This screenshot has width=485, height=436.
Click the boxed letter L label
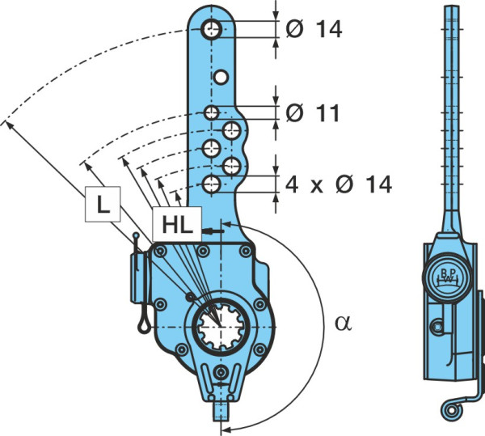coord(103,204)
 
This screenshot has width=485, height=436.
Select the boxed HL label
coord(177,224)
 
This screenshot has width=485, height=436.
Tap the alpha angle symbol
coord(344,324)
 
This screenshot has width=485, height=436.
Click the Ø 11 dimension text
coord(313,112)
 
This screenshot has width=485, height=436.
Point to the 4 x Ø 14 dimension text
coord(339,184)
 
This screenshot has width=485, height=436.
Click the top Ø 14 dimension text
coord(314,29)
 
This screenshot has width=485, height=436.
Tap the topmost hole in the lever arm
coord(212,30)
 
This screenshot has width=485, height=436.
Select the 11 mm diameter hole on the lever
coord(211,112)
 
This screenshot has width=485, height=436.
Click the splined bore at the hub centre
coord(221,327)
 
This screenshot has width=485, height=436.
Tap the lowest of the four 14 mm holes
coord(212,184)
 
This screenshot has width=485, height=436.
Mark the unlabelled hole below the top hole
coord(221,77)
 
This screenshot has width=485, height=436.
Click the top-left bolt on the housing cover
coord(160,252)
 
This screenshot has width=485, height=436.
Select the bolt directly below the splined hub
coord(221,372)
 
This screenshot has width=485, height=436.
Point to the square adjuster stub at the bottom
coord(221,412)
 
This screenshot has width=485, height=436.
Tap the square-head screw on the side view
coord(437,327)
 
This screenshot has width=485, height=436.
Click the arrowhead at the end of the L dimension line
coord(9,125)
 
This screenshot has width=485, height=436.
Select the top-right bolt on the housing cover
coord(246,251)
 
